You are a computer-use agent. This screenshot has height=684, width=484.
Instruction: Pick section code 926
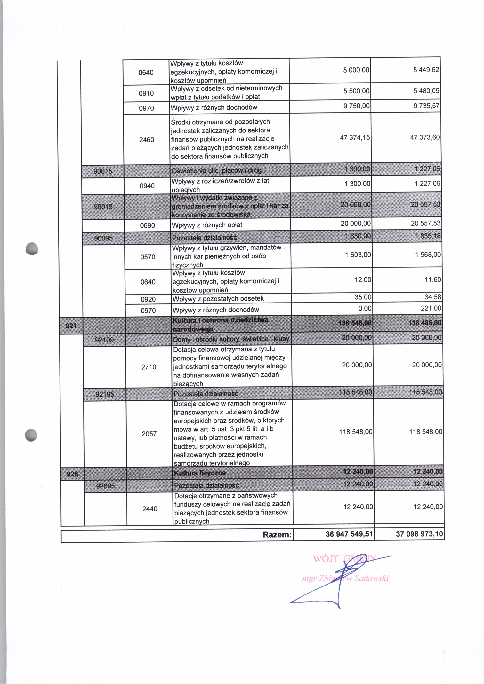coord(72,474)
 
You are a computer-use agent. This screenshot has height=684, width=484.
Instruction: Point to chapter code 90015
coord(103,171)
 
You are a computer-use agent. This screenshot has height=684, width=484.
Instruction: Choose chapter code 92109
coord(104,340)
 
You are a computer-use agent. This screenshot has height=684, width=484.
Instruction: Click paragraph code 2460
coord(147,140)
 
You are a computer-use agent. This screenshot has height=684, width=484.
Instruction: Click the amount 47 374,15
coord(355,137)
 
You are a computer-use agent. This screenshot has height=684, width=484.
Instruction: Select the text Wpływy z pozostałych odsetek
coord(218,298)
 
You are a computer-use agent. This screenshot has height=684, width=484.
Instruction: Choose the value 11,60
coord(433,280)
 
